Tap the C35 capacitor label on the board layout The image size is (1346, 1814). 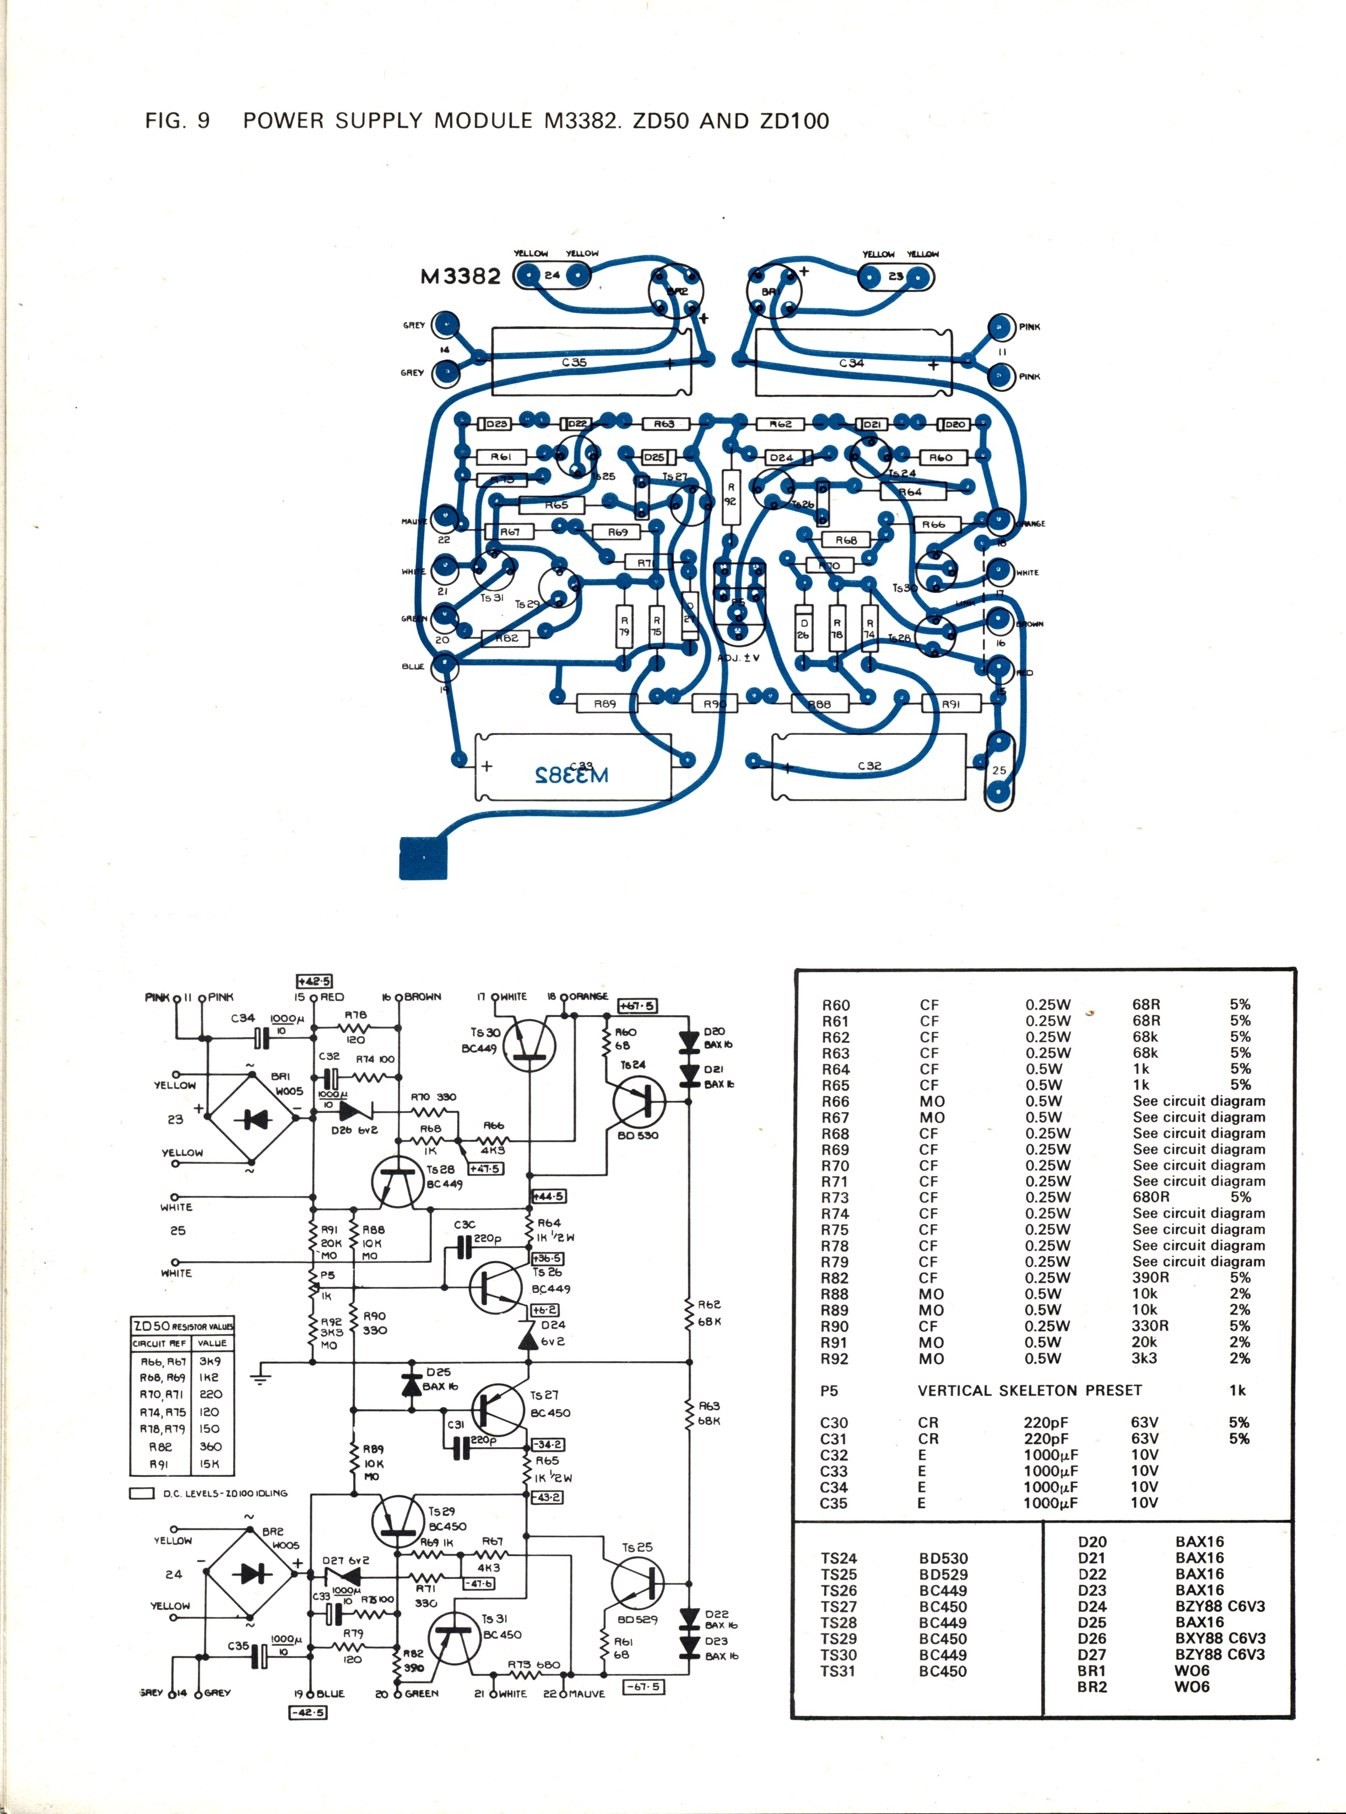coord(574,362)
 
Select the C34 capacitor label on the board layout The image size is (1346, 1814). coord(851,362)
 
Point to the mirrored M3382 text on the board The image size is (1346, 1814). coord(572,774)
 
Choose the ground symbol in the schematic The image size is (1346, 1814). coord(261,1377)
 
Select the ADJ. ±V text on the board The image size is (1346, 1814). coord(739,657)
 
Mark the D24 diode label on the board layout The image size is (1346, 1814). coord(781,458)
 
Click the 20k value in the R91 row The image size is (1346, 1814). coord(1144,1341)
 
